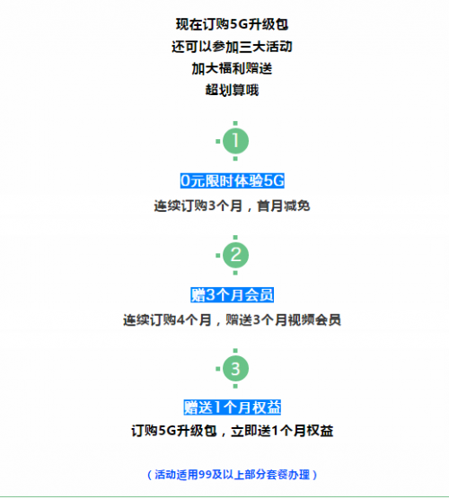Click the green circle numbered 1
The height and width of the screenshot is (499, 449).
pos(235,141)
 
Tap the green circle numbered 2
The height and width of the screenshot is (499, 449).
pos(235,255)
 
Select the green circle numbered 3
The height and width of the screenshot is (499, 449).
pos(235,369)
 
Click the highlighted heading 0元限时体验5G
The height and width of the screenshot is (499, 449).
pos(233,180)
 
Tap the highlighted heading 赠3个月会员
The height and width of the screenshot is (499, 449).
pos(233,294)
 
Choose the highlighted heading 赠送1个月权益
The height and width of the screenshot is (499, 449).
pos(233,407)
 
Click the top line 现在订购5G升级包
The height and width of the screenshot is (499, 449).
pos(233,24)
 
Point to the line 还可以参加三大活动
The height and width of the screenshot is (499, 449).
pos(233,47)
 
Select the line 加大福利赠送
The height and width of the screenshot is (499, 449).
pos(233,68)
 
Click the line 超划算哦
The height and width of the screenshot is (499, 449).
pos(233,90)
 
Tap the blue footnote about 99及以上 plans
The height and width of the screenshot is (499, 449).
pos(233,475)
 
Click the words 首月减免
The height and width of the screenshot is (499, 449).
pos(284,206)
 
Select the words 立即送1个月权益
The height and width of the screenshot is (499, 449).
pos(282,431)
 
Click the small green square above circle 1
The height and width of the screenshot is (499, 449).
pos(235,124)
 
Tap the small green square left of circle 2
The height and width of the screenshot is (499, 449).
pos(218,255)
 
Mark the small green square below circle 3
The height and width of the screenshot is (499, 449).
pos(235,386)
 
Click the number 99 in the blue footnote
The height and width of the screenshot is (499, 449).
pos(206,475)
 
